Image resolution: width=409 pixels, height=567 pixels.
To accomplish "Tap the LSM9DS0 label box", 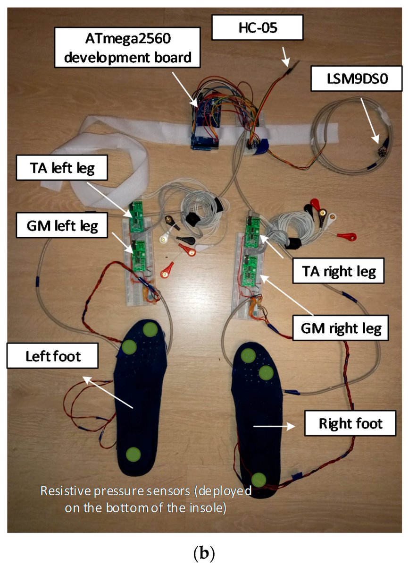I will tap(348, 80).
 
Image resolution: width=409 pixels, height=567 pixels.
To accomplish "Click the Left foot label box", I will tap(52, 355).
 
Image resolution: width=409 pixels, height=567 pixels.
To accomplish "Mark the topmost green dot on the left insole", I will tap(150, 329).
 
